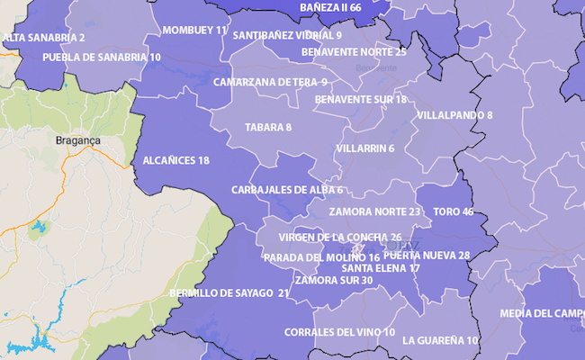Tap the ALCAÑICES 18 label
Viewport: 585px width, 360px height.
coord(176,160)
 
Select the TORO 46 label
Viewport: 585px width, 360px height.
coord(453,212)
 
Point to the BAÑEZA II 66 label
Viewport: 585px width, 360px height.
coord(331,7)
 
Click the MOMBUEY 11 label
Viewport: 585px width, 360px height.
coord(194,30)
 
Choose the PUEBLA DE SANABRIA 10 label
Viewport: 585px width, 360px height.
coord(102,57)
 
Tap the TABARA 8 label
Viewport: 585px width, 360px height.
coord(268,127)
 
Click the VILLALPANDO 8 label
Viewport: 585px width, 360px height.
coord(454,115)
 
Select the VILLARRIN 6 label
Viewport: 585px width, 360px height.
coord(364,148)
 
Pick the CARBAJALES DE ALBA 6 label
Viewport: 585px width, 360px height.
coord(286,190)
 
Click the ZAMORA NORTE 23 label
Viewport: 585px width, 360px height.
coord(375,211)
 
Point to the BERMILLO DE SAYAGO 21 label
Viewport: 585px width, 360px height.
coord(229,292)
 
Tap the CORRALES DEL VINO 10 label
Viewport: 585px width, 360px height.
coord(339,332)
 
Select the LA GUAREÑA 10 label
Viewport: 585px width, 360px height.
coord(441,340)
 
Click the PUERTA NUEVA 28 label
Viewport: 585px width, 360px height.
coord(427,255)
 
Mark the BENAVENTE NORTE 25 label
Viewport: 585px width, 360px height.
coord(354,51)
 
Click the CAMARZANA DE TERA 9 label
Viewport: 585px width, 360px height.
coord(270,82)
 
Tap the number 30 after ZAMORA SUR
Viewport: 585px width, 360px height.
coord(366,280)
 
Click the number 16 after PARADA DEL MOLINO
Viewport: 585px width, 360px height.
coord(374,257)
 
